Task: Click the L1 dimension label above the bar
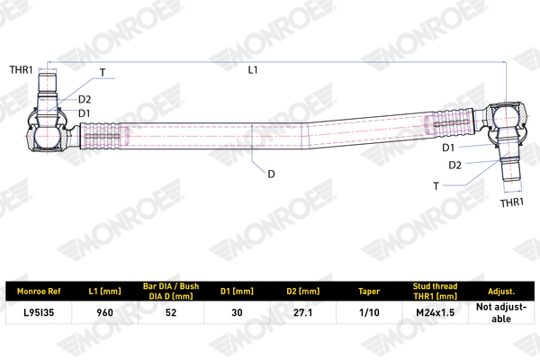point(253,70)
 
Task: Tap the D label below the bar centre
point(272,175)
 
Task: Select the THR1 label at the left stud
point(21,70)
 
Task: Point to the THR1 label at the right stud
point(512,202)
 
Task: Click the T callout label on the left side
point(103,73)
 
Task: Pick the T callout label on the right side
point(436,186)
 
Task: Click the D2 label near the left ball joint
point(85,100)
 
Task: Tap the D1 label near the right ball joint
point(448,148)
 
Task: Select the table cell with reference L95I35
point(39,312)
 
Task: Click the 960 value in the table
point(104,312)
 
